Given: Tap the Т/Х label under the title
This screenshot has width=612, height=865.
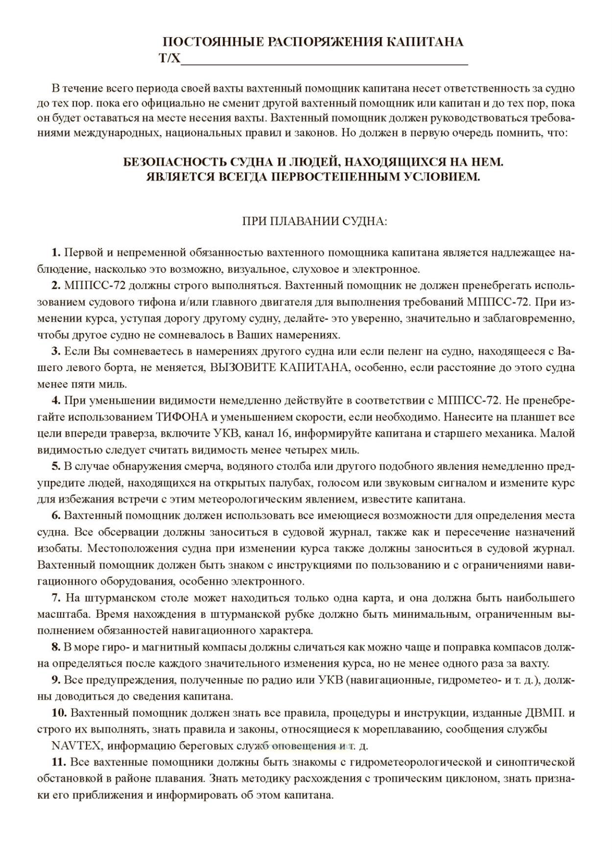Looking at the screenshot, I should [x=169, y=59].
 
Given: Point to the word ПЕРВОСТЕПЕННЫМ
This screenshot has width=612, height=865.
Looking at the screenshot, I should [x=337, y=176].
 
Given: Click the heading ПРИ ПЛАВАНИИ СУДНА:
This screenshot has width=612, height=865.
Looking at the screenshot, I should [x=315, y=221].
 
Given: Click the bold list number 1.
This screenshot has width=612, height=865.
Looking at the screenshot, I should [x=56, y=253].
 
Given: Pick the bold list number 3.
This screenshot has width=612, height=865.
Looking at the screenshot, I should [x=56, y=351].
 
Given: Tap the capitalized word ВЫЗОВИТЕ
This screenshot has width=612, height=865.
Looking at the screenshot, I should [x=239, y=368].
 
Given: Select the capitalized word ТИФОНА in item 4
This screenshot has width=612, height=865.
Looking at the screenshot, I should [x=176, y=417].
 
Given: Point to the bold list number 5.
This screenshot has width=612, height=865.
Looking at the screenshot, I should [x=56, y=467].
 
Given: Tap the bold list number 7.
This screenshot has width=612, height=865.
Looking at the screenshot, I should [x=56, y=598].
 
